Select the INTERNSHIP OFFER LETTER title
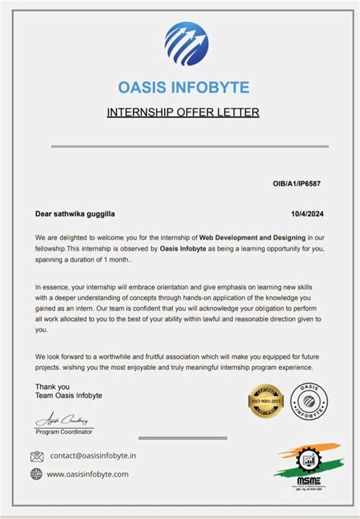click(x=183, y=112)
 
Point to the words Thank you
click(x=52, y=387)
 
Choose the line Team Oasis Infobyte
click(x=68, y=396)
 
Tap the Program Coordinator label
click(x=65, y=432)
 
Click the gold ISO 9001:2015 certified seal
click(x=266, y=401)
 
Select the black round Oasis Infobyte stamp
click(x=310, y=400)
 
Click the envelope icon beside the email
click(x=36, y=456)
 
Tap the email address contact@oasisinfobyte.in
click(x=93, y=456)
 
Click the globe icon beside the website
click(x=36, y=473)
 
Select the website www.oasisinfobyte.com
click(x=88, y=473)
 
